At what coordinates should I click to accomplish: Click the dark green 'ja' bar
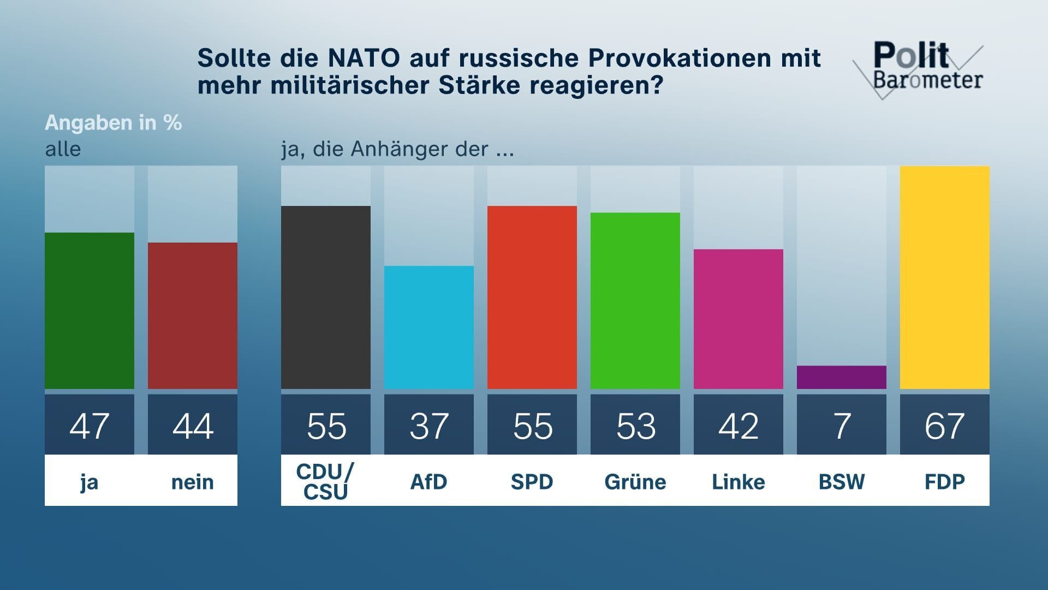[90, 311]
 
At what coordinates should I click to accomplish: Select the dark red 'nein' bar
[193, 316]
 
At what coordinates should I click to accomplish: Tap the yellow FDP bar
[944, 278]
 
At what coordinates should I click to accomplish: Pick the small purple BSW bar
[841, 377]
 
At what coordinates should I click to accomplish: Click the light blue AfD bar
[429, 327]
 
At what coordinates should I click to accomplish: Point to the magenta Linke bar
[738, 319]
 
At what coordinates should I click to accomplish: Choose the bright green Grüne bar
[635, 300]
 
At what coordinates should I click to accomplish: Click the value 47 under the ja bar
[90, 426]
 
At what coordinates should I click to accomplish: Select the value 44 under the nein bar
[193, 426]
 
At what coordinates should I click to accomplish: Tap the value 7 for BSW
[841, 426]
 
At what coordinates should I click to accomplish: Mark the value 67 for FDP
[944, 426]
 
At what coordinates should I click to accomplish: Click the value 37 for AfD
[429, 426]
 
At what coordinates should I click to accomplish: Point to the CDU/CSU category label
[326, 481]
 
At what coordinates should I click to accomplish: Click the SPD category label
[532, 482]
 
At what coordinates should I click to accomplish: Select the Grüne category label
[635, 482]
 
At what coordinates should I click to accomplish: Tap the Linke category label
[738, 482]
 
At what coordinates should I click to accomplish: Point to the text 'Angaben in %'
[114, 123]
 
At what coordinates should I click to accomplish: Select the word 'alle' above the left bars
[63, 149]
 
